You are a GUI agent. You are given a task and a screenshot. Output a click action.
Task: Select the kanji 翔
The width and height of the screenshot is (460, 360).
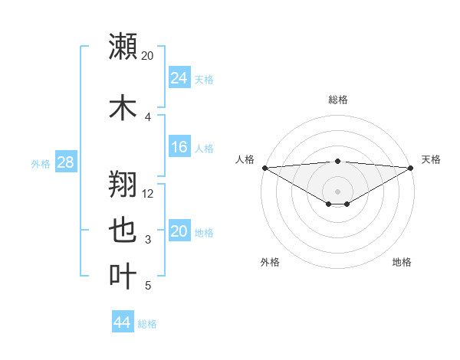point(123,184)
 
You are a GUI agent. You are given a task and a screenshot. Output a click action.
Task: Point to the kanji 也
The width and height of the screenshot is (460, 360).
point(123,231)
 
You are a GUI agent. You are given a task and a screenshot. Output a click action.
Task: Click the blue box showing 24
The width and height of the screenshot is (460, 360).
point(179,78)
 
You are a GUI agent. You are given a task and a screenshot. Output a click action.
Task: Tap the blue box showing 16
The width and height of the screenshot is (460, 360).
point(179,147)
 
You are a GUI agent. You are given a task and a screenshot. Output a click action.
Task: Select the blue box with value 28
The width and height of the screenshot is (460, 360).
point(64,162)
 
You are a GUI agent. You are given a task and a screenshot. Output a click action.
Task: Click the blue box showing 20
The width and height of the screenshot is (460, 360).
point(179,231)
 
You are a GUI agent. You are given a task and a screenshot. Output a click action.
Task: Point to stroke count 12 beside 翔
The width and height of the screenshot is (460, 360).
point(149,193)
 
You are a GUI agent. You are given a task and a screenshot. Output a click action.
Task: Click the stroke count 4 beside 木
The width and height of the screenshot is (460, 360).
point(148,117)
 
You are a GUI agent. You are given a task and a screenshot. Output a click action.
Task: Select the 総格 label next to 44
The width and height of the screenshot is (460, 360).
point(147,324)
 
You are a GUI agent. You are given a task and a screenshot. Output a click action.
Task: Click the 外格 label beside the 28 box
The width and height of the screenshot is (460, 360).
point(41,163)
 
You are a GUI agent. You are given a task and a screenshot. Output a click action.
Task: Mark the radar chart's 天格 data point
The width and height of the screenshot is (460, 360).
point(411,168)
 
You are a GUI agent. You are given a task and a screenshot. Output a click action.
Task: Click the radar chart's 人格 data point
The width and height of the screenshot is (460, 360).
point(264,168)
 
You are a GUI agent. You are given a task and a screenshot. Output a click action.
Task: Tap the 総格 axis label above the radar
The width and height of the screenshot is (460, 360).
point(338,100)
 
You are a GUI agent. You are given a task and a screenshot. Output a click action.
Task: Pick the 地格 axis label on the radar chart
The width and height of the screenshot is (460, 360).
point(402,262)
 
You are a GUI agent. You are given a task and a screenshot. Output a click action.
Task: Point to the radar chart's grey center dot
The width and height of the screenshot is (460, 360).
point(338,190)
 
